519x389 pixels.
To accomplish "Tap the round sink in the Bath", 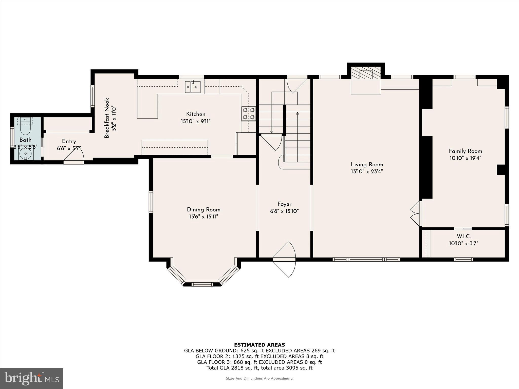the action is [x=26, y=153].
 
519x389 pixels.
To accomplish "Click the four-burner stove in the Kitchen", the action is [x=249, y=113].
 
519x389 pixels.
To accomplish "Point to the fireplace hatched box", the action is [x=366, y=73].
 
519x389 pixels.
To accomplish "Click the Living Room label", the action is [x=367, y=164].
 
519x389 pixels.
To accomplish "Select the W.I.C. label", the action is [x=464, y=236].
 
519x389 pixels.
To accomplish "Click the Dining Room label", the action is [x=203, y=209].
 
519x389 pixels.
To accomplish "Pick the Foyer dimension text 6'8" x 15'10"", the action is [x=284, y=211].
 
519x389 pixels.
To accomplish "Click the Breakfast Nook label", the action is [x=107, y=118].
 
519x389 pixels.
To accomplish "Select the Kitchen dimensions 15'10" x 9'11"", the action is [x=196, y=121].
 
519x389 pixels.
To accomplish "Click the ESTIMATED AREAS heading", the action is [x=259, y=345].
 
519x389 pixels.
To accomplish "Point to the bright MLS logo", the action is [x=32, y=379].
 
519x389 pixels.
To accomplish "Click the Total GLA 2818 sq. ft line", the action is [x=259, y=368].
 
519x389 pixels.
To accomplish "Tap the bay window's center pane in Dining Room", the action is [x=202, y=284].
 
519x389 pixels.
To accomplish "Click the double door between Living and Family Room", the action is [x=416, y=214].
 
